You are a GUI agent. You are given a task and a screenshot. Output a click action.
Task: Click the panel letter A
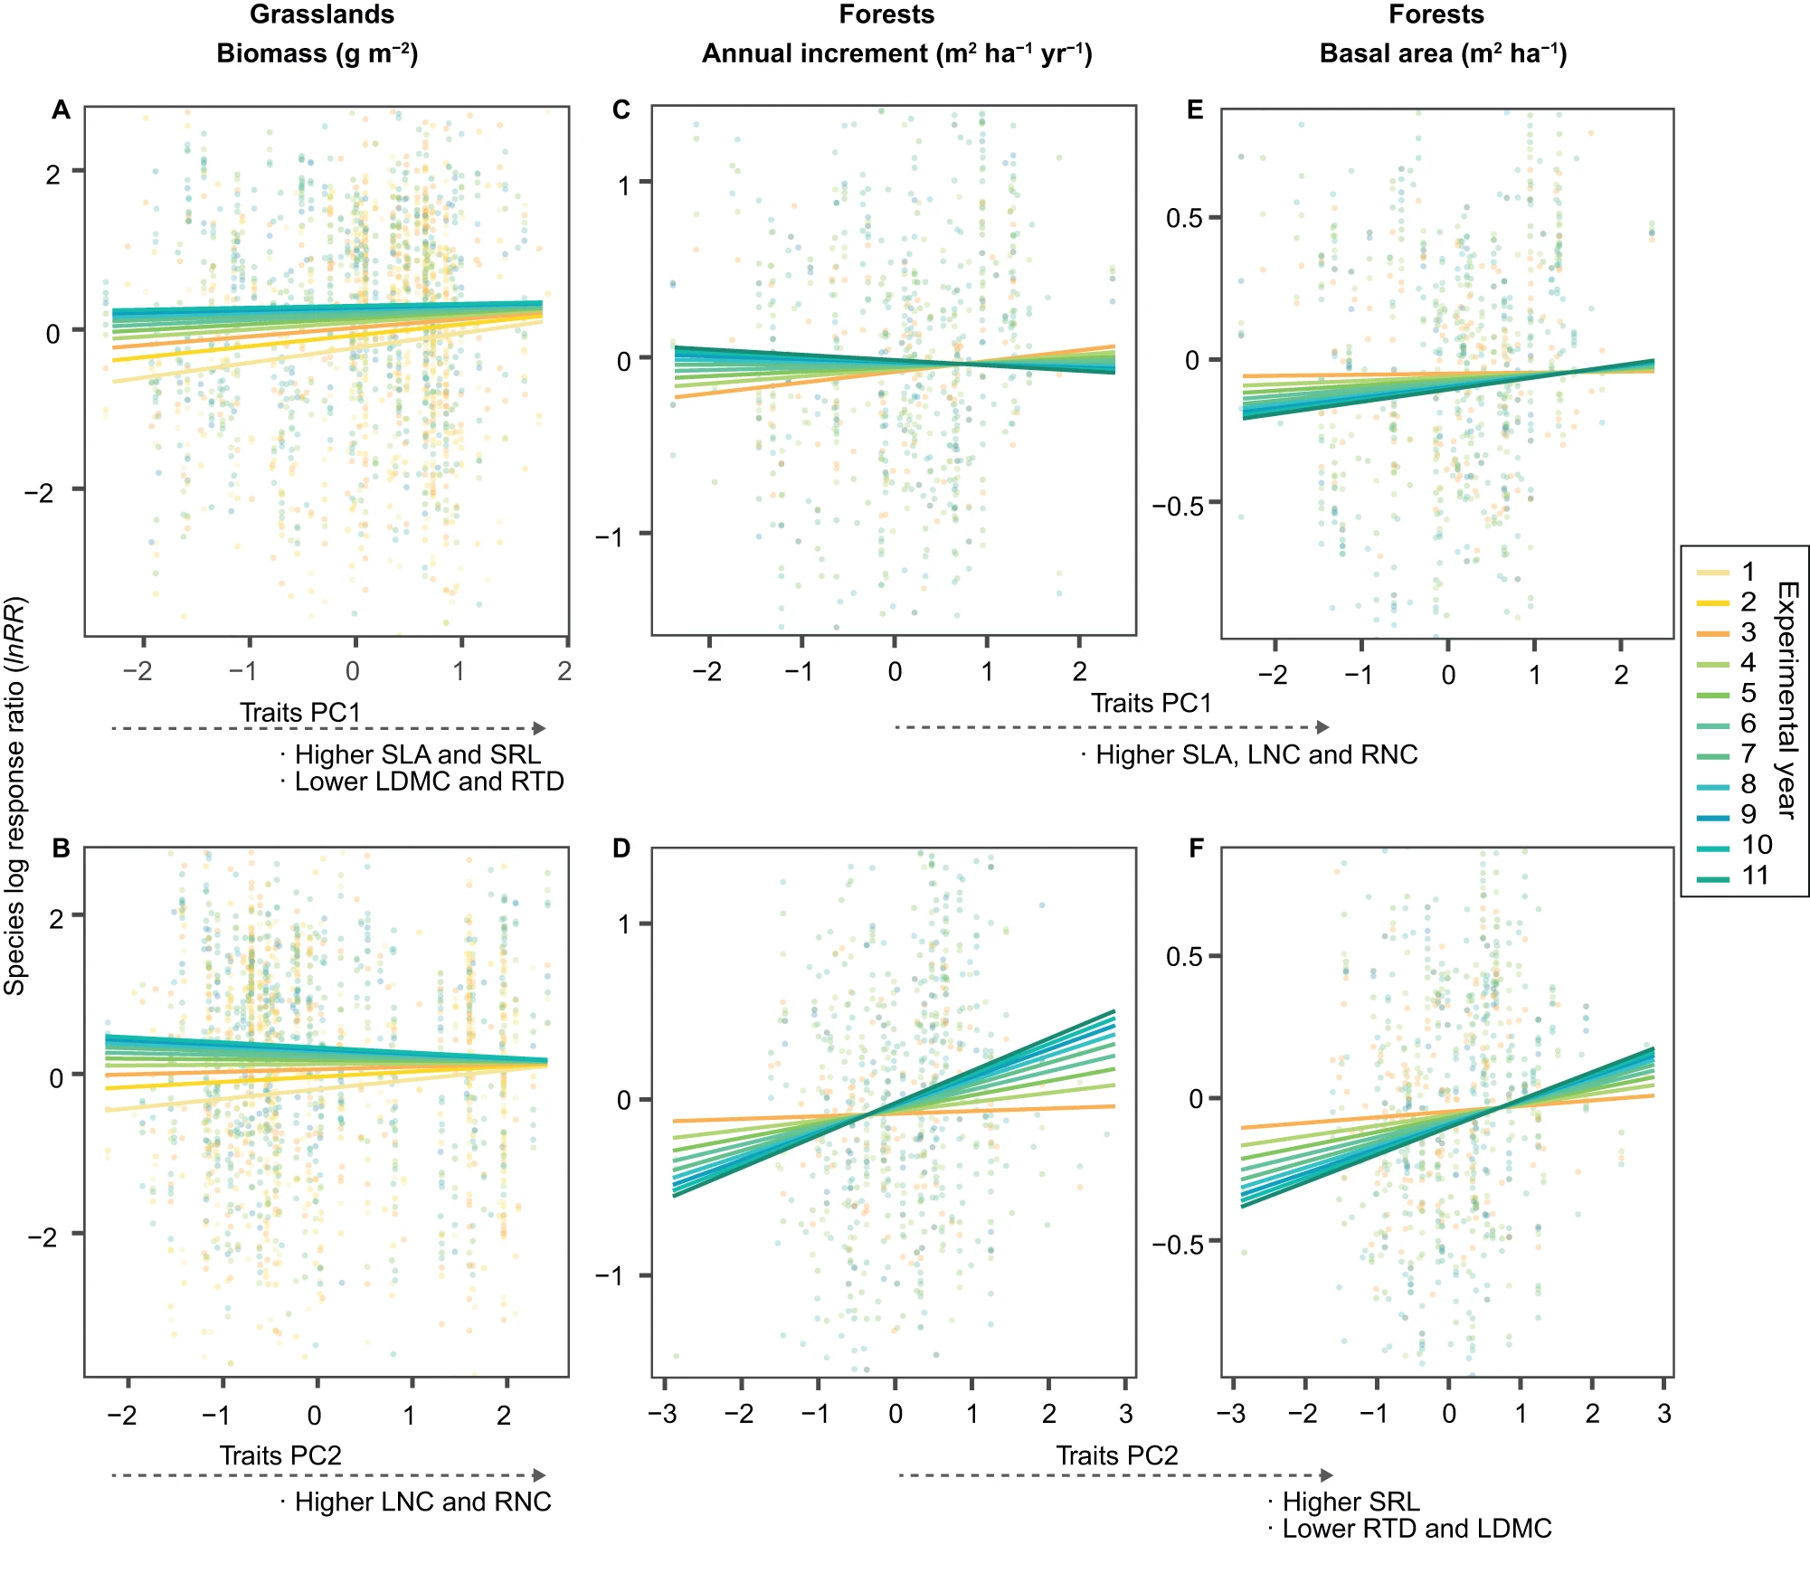61,110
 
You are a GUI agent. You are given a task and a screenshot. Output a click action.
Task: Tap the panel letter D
621,848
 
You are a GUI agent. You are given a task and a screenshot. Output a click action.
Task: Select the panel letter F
1196,848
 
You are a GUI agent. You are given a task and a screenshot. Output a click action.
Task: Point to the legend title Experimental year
1787,700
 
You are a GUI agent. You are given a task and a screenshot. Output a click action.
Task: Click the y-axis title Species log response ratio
14,796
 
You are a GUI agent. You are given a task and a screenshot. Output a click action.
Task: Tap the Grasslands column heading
322,14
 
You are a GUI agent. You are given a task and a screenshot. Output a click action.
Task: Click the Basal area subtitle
1443,53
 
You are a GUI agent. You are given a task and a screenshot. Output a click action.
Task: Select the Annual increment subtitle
896,53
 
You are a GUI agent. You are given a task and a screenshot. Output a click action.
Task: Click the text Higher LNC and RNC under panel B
422,1502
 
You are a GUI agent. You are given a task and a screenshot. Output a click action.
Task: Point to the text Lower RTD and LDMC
1417,1529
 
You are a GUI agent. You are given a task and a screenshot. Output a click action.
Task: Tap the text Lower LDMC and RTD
429,782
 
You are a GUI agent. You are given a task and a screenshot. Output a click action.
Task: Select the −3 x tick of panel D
663,1414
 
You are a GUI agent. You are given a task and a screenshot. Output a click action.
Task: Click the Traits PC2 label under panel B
280,1455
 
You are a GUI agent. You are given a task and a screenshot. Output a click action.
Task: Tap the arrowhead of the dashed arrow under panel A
540,728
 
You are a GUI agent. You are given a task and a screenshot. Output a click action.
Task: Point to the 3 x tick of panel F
1663,1414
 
